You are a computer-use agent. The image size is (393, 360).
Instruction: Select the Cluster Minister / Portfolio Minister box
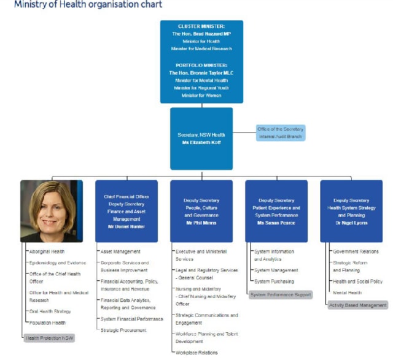pyautogui.click(x=201, y=61)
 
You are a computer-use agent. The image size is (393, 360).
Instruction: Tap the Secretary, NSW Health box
pyautogui.click(x=201, y=138)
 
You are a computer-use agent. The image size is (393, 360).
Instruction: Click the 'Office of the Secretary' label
pyautogui.click(x=280, y=129)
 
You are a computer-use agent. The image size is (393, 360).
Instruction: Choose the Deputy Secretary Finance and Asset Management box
pyautogui.click(x=126, y=210)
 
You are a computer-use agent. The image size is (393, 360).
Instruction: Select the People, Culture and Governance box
pyautogui.click(x=201, y=210)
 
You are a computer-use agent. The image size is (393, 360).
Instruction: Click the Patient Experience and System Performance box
pyautogui.click(x=276, y=210)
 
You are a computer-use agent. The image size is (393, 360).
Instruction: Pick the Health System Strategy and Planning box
pyautogui.click(x=351, y=210)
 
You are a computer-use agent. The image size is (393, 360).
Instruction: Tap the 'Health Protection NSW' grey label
pyautogui.click(x=49, y=337)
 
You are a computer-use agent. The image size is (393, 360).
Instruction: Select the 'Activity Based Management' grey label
pyautogui.click(x=358, y=305)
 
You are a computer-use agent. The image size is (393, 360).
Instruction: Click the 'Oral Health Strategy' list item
pyautogui.click(x=50, y=311)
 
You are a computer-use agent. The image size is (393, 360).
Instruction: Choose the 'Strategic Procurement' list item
pyautogui.click(x=123, y=330)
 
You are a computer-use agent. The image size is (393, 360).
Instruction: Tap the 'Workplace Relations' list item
pyautogui.click(x=197, y=352)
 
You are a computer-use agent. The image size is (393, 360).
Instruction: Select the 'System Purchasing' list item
pyautogui.click(x=274, y=281)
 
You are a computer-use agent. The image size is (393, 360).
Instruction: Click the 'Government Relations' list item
pyautogui.click(x=356, y=251)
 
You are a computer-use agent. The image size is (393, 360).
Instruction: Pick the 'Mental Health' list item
pyautogui.click(x=347, y=293)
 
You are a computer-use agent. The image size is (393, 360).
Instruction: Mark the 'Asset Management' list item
pyautogui.click(x=120, y=251)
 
